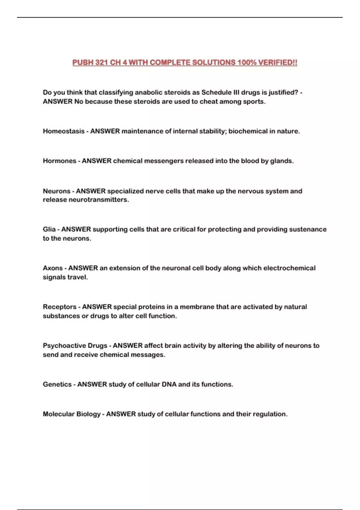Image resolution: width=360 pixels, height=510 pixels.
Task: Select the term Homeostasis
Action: tap(64, 131)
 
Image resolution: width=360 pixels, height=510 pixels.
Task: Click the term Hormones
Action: tap(59, 161)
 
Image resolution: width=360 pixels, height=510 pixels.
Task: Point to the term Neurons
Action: tap(56, 191)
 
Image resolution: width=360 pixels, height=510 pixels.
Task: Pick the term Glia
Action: tap(49, 229)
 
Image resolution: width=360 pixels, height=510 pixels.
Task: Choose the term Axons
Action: tap(53, 268)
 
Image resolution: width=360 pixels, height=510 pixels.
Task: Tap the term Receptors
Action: tap(59, 307)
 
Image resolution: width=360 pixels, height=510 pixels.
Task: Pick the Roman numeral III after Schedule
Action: tap(236, 92)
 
